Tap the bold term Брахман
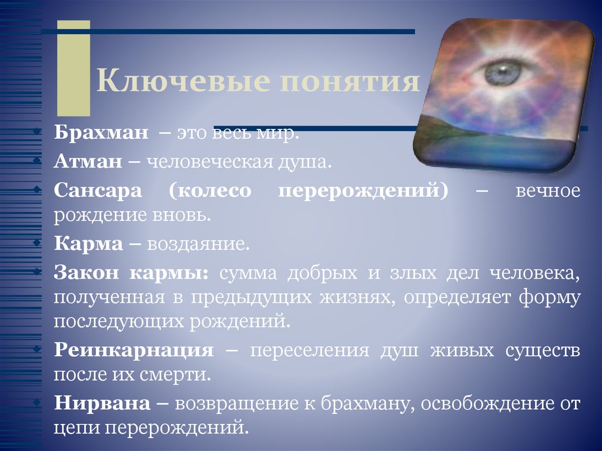tap(101, 134)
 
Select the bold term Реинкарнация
tap(133, 351)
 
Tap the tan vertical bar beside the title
tap(73, 68)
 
